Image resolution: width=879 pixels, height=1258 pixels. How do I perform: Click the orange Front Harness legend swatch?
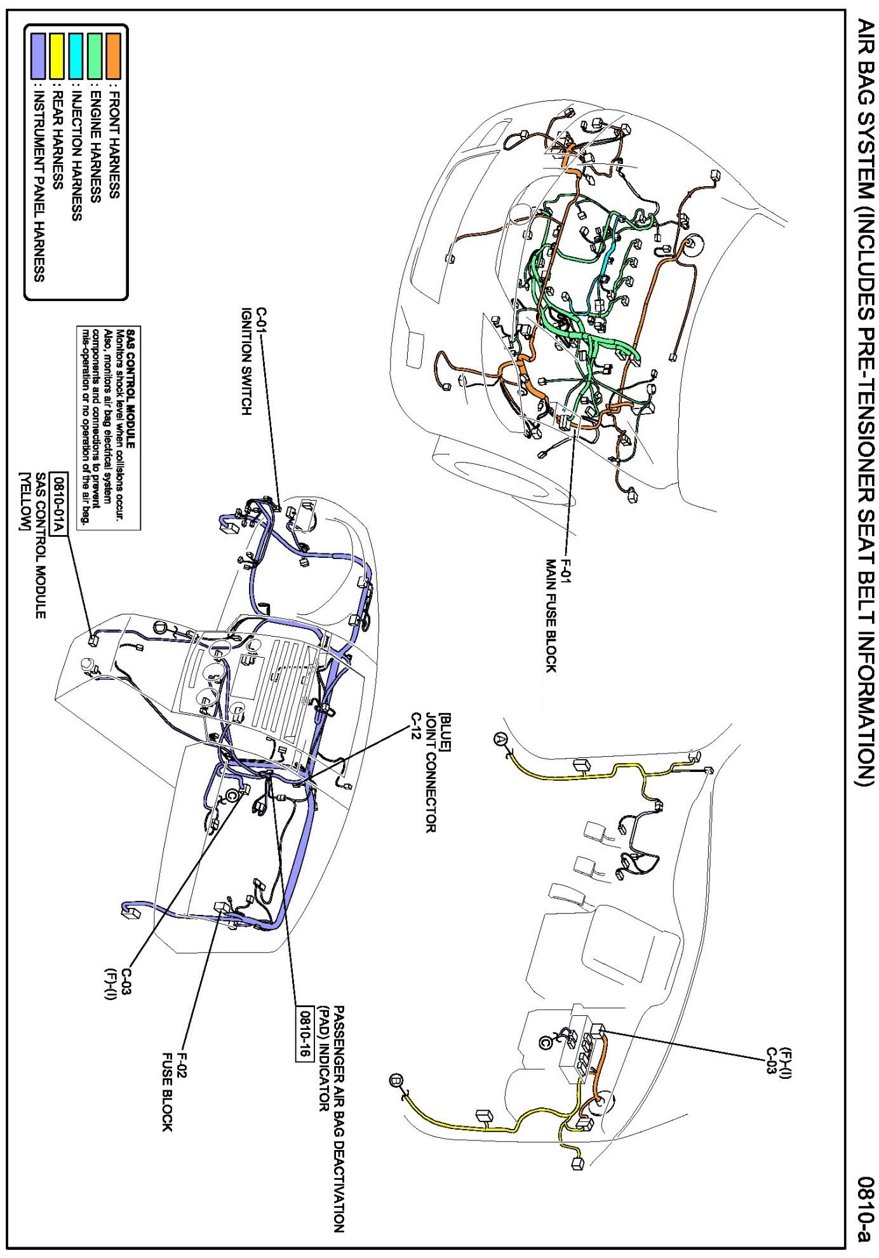pyautogui.click(x=113, y=55)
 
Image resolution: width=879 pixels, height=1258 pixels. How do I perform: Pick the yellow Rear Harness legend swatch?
pyautogui.click(x=57, y=55)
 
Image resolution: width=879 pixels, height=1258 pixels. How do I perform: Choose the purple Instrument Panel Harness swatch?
pyautogui.click(x=39, y=55)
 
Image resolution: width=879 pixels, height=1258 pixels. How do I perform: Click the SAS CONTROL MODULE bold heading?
pyautogui.click(x=131, y=388)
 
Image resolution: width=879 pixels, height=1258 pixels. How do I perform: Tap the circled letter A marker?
pyautogui.click(x=500, y=740)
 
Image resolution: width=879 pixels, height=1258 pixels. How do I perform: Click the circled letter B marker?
pyautogui.click(x=397, y=1080)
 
